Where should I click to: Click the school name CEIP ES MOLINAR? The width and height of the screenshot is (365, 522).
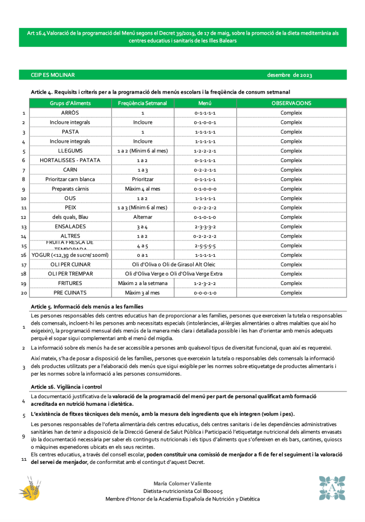click(x=53, y=75)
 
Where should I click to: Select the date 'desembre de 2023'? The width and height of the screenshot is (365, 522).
click(x=289, y=75)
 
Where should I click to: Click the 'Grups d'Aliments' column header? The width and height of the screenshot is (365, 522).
click(x=70, y=103)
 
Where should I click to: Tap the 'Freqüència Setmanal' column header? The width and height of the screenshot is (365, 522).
click(x=142, y=103)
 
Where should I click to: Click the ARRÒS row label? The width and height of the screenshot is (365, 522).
click(x=70, y=113)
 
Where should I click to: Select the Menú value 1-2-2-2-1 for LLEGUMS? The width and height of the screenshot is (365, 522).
click(x=205, y=151)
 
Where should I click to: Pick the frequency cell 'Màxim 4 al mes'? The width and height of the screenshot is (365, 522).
click(x=142, y=189)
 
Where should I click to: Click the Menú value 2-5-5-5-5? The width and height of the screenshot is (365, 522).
click(x=205, y=246)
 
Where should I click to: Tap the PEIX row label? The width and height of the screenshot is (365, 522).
click(x=70, y=207)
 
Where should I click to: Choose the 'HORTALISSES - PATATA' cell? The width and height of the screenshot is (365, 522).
click(x=70, y=160)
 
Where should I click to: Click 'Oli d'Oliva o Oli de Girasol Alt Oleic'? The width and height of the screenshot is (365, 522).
click(x=173, y=265)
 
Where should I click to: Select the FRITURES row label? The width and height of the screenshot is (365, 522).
click(x=70, y=283)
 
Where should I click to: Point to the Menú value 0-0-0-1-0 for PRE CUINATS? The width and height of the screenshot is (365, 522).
click(x=205, y=293)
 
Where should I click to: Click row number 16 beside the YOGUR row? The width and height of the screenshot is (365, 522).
click(x=23, y=255)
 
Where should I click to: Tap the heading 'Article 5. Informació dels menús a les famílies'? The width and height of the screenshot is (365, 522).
click(x=87, y=306)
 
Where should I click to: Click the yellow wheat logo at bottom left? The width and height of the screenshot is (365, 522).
click(x=30, y=488)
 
